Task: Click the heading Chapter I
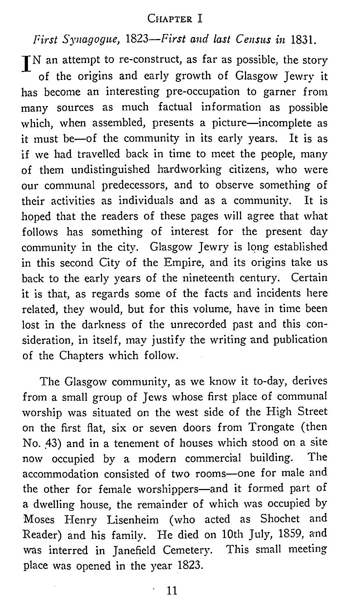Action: (175, 18)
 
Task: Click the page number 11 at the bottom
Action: (172, 590)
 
